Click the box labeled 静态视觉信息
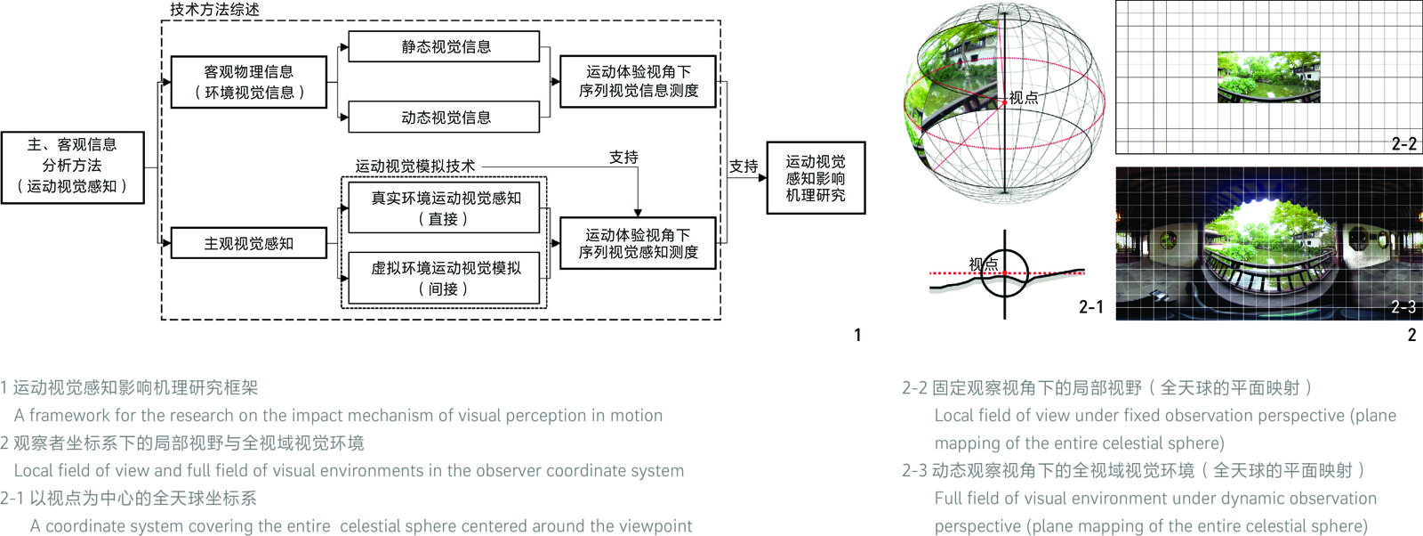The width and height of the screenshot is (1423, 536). pos(444,47)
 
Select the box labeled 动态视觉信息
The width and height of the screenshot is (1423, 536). pos(444,117)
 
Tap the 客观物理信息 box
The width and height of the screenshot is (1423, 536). pos(248,82)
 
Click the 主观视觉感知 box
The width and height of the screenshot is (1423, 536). pos(248,243)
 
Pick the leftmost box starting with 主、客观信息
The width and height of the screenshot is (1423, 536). pos(72,166)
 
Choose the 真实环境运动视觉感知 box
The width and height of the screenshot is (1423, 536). pos(444,208)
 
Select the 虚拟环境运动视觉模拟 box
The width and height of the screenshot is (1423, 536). pos(444,278)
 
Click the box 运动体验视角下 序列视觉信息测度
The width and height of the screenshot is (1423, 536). pos(638,81)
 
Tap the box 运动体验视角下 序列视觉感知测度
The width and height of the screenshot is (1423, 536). pos(638,243)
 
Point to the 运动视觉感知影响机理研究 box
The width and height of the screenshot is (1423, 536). pos(815,178)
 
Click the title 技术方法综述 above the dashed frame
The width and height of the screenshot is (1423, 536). pos(215,10)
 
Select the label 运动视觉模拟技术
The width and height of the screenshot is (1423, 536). pos(415,166)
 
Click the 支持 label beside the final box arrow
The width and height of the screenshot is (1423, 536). pos(744,166)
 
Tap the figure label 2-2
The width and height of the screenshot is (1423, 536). pos(1403,143)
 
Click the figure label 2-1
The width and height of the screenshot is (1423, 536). pos(1090,307)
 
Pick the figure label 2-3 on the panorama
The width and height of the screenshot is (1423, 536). pos(1403,307)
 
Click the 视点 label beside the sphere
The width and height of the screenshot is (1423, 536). pos(1024,98)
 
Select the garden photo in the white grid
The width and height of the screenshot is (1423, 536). pos(1268,77)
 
